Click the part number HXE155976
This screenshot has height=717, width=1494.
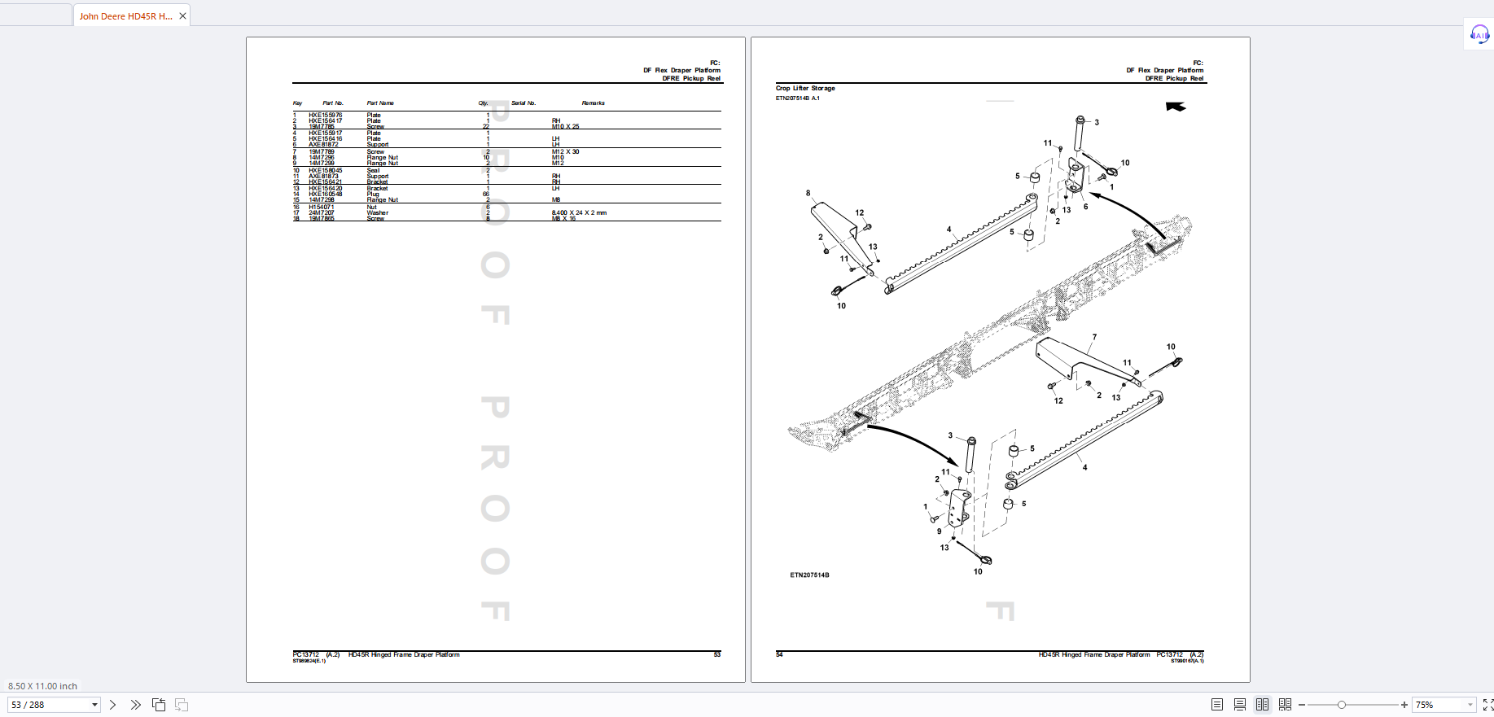[325, 116]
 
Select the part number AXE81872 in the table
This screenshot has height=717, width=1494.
[322, 145]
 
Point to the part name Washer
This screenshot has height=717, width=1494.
[377, 213]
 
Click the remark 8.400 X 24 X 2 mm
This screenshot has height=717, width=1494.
[579, 213]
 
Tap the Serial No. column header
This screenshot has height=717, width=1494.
[524, 103]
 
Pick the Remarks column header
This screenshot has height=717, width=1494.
[593, 103]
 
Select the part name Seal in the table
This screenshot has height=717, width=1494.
[373, 171]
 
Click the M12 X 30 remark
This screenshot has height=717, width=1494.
[565, 152]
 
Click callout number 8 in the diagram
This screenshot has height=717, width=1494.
[808, 194]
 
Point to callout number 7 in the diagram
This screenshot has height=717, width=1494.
[1094, 337]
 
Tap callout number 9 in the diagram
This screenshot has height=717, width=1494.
[939, 531]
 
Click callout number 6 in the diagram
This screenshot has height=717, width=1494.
[1085, 207]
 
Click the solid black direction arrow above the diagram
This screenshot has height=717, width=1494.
[1176, 107]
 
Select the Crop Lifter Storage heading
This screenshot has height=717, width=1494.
[805, 88]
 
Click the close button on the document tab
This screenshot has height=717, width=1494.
[182, 15]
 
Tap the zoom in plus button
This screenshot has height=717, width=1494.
[1404, 705]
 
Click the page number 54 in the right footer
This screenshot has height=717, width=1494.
[779, 654]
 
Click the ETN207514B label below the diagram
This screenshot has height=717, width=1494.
[809, 575]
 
